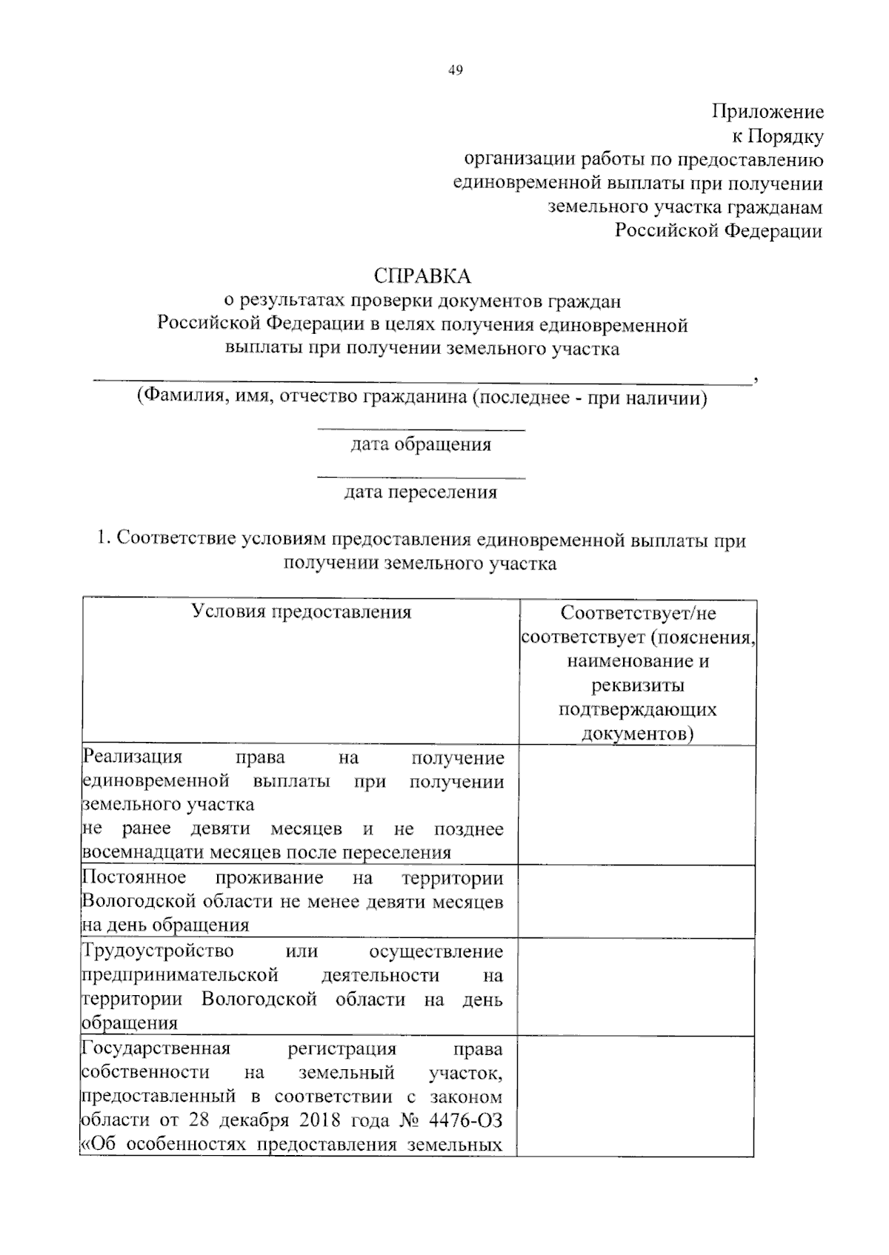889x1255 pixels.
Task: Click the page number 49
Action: click(455, 70)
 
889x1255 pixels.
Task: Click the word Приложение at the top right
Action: click(768, 112)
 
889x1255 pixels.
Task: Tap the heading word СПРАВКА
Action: click(422, 276)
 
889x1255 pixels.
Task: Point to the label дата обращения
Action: click(420, 444)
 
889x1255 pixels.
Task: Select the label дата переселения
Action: click(420, 492)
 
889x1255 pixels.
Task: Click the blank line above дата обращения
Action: click(421, 429)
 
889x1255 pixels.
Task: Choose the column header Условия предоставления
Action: click(301, 612)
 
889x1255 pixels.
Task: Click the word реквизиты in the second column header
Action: click(637, 684)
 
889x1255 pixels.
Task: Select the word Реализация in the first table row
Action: click(133, 757)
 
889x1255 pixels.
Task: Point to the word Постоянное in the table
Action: click(134, 877)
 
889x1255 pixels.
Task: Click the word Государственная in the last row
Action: click(156, 1048)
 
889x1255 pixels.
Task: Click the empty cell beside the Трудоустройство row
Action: click(637, 987)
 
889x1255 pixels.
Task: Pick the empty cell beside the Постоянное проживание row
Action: click(637, 901)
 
